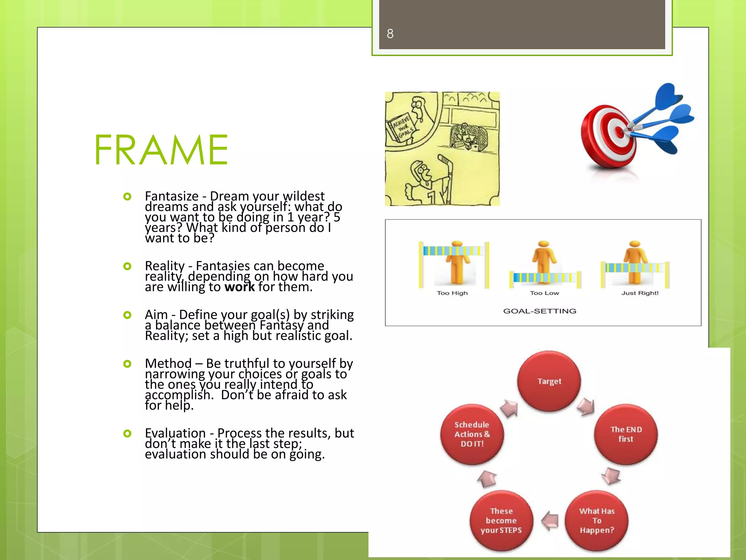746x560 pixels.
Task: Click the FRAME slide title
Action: click(161, 150)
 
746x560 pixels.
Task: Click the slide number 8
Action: click(390, 34)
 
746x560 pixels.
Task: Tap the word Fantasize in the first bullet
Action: click(172, 196)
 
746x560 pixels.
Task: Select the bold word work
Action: click(239, 287)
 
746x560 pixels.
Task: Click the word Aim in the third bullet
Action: click(156, 315)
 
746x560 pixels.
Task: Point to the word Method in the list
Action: click(168, 363)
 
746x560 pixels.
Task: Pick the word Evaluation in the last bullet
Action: click(175, 433)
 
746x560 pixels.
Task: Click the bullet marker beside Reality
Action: click(127, 266)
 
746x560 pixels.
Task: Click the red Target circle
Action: click(549, 381)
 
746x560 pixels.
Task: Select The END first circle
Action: click(626, 434)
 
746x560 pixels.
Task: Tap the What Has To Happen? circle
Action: click(597, 521)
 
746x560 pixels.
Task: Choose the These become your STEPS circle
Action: click(501, 521)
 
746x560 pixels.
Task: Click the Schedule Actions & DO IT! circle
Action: click(472, 434)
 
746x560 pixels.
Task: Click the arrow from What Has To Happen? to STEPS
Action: click(550, 521)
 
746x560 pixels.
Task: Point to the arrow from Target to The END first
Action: click(586, 406)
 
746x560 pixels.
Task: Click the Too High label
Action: click(452, 293)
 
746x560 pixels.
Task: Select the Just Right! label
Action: click(640, 293)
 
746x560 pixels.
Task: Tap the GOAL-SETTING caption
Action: click(539, 311)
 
